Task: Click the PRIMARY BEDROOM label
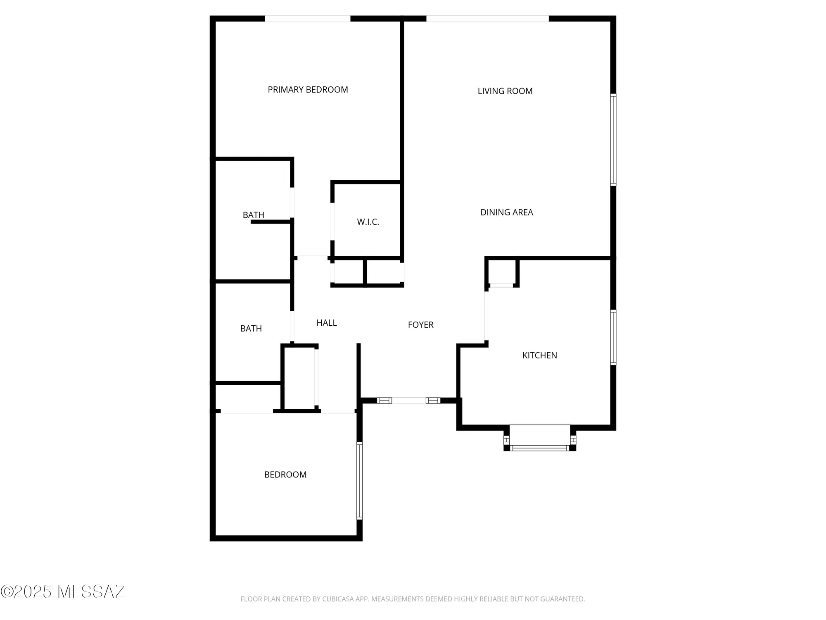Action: [308, 90]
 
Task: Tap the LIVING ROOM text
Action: [505, 91]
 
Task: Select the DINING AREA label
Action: [506, 212]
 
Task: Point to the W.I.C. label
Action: [368, 222]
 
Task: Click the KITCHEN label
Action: [539, 355]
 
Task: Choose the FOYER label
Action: [420, 325]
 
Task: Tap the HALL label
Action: [326, 323]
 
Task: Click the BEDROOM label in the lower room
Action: [285, 475]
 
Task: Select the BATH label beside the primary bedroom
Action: [253, 215]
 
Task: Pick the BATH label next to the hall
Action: [251, 329]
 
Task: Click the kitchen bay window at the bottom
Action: [539, 447]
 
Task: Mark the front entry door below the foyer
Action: [408, 400]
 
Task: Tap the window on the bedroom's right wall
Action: [359, 480]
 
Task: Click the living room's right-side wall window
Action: [613, 140]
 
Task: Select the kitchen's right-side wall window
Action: [613, 337]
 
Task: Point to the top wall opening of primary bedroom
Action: [307, 19]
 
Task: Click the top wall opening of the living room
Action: [487, 19]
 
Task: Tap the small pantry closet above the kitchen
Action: [501, 272]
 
